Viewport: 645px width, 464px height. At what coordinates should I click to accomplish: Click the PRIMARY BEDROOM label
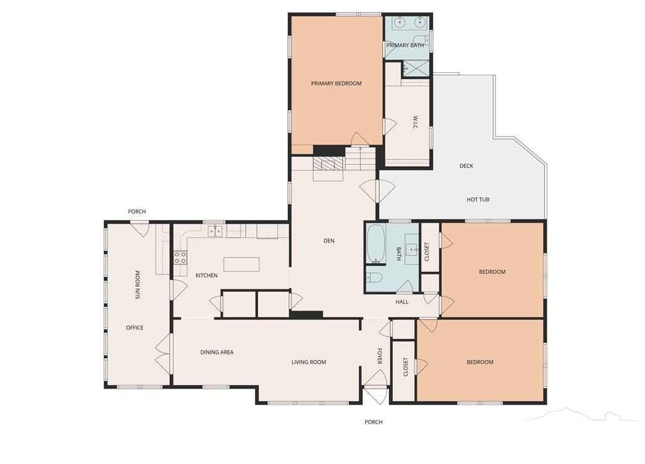coord(336,83)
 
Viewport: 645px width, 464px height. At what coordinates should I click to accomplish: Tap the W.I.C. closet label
coord(415,123)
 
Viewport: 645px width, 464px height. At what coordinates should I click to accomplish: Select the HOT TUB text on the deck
coord(478,200)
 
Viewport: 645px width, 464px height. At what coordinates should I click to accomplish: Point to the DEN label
coord(329,240)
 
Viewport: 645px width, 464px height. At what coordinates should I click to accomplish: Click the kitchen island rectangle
coord(242,264)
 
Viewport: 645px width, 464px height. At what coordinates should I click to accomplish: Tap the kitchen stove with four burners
coord(180,258)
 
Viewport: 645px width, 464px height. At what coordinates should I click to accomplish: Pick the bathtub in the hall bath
coord(376,244)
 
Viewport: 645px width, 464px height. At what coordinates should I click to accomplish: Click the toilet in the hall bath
coord(374,277)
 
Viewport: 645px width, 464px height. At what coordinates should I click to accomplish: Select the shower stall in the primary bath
coord(415,69)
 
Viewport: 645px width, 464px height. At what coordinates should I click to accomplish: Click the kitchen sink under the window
coord(215,231)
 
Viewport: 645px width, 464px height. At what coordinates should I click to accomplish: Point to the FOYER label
coord(379,356)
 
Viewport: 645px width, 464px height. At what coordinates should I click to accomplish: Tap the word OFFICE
coord(135,328)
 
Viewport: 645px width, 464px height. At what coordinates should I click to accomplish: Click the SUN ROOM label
coord(138,284)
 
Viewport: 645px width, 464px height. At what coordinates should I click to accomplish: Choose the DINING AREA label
coord(217,352)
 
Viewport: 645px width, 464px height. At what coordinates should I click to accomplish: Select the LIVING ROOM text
coord(308,362)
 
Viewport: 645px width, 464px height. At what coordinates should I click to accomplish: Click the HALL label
coord(402,302)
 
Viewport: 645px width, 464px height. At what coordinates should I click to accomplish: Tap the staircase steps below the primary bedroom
coord(360,158)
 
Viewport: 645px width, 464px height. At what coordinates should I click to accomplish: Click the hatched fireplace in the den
coord(328,164)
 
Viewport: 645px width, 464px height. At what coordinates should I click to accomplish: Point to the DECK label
coord(466,166)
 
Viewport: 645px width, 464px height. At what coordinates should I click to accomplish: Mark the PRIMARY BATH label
coord(405,45)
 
